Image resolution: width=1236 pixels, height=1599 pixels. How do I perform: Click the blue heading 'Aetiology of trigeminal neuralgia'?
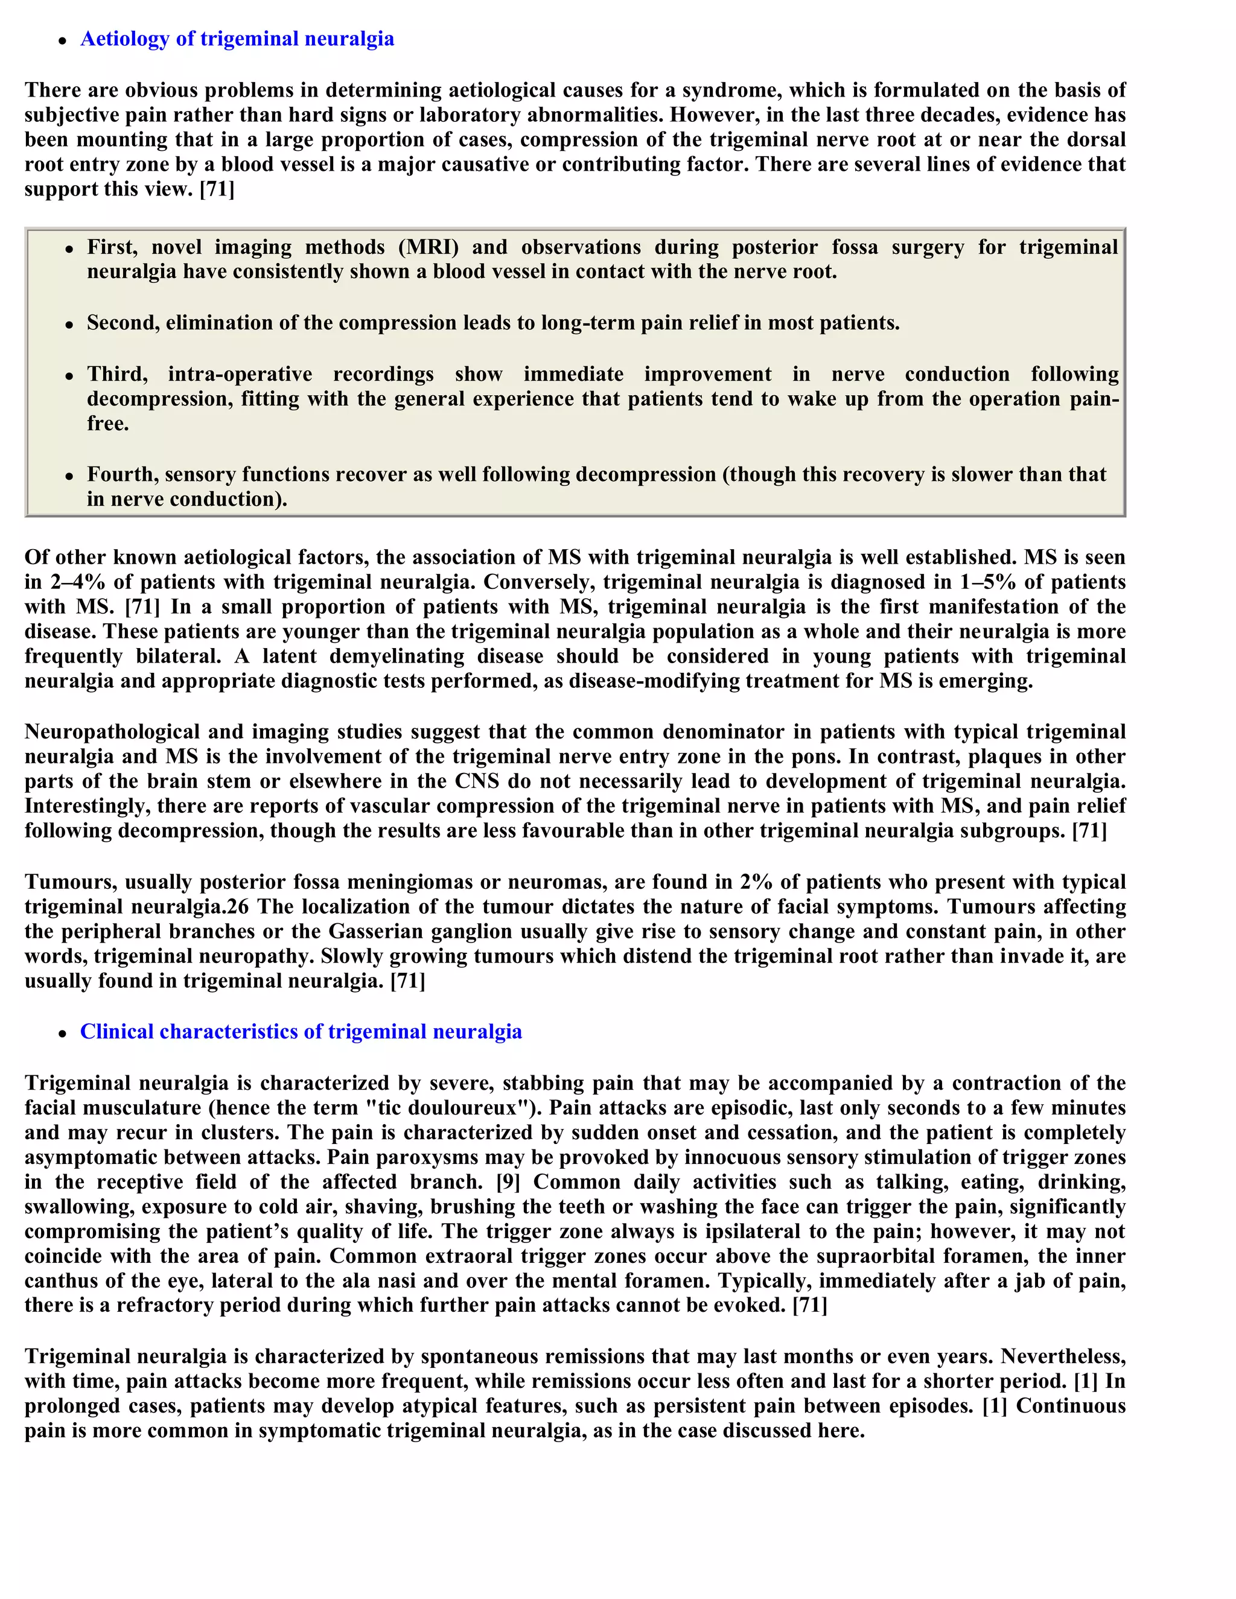(237, 39)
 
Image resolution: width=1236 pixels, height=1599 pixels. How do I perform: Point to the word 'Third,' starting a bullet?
(117, 374)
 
